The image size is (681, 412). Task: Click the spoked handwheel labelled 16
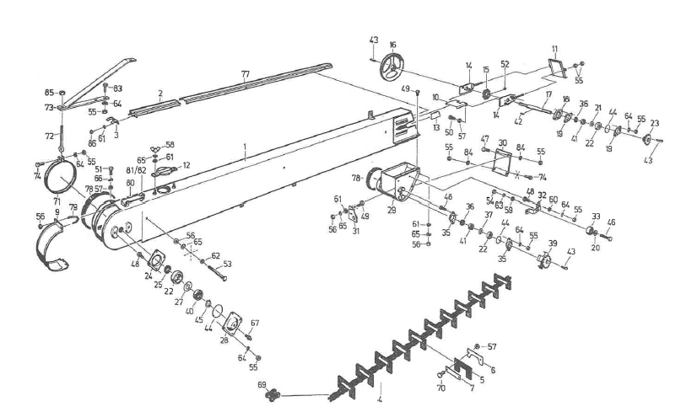click(x=393, y=67)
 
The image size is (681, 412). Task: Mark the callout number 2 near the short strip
click(x=159, y=94)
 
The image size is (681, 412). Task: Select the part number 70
click(x=440, y=388)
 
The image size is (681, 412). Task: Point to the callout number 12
click(x=186, y=165)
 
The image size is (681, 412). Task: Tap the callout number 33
click(x=597, y=217)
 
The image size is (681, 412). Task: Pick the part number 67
click(x=254, y=323)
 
